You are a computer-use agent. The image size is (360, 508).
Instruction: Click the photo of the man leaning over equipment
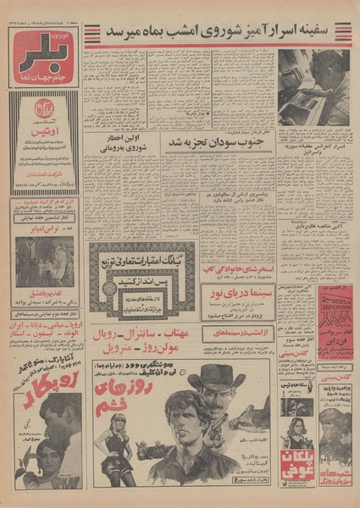coord(313,87)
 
